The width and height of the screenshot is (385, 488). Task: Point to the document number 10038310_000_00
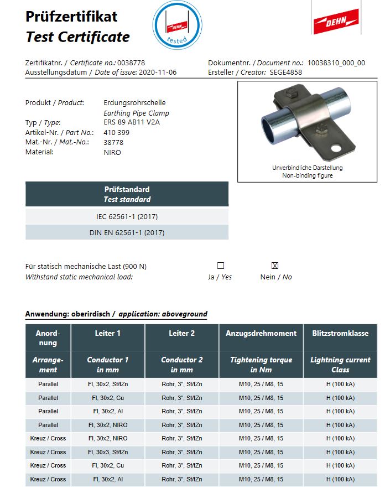click(x=336, y=63)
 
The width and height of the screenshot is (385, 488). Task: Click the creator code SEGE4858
click(x=287, y=72)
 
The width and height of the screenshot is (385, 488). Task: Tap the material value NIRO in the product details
click(x=112, y=152)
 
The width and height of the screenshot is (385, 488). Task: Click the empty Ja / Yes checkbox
click(x=221, y=266)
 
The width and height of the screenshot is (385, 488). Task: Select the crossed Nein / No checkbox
click(x=275, y=266)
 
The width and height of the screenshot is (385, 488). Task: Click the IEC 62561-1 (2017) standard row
click(x=127, y=216)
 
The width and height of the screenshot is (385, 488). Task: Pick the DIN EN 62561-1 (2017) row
click(x=127, y=233)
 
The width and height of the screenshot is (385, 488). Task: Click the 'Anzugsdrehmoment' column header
click(x=261, y=333)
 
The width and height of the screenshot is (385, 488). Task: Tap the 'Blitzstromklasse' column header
click(x=340, y=333)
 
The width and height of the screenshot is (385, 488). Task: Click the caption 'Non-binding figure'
click(x=307, y=175)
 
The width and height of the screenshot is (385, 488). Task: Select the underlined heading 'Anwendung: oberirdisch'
click(x=69, y=314)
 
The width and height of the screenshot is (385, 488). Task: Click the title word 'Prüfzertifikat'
click(x=71, y=17)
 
